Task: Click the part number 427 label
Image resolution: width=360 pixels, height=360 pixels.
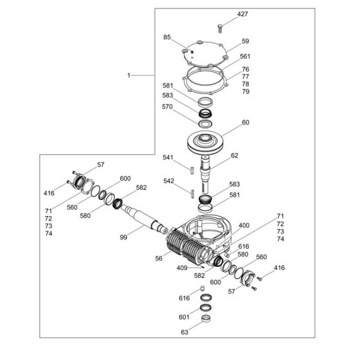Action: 224,14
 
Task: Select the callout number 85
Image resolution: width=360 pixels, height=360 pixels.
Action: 167,37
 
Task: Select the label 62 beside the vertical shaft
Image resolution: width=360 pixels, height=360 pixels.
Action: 234,155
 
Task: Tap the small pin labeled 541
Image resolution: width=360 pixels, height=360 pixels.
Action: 192,170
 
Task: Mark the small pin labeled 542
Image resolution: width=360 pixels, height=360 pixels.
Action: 192,191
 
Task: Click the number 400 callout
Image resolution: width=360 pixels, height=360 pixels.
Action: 243,226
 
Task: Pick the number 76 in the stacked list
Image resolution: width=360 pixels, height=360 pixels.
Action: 245,69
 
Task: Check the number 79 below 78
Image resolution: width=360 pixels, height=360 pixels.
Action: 245,92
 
